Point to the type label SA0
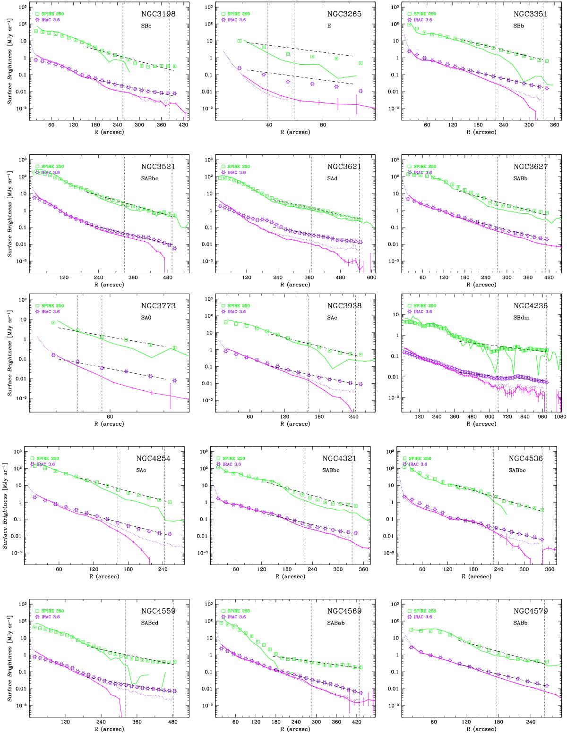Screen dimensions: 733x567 click(158, 317)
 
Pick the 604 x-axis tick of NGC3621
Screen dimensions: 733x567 click(371, 278)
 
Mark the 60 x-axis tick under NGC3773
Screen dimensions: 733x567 click(109, 417)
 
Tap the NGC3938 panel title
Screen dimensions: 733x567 click(344, 306)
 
